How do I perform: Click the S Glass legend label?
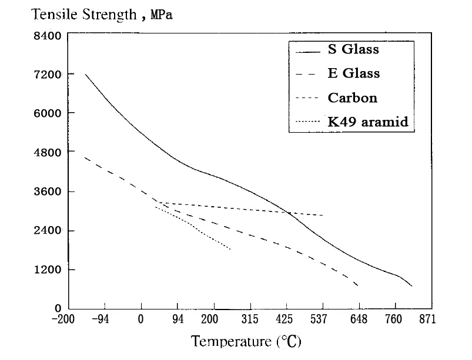point(353,49)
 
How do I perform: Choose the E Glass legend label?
point(353,73)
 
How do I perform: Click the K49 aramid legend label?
point(367,122)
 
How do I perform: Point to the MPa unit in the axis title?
point(162,14)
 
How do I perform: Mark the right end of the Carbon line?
point(323,215)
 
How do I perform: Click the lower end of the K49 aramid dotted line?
point(230,250)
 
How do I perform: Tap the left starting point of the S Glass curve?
point(86,74)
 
